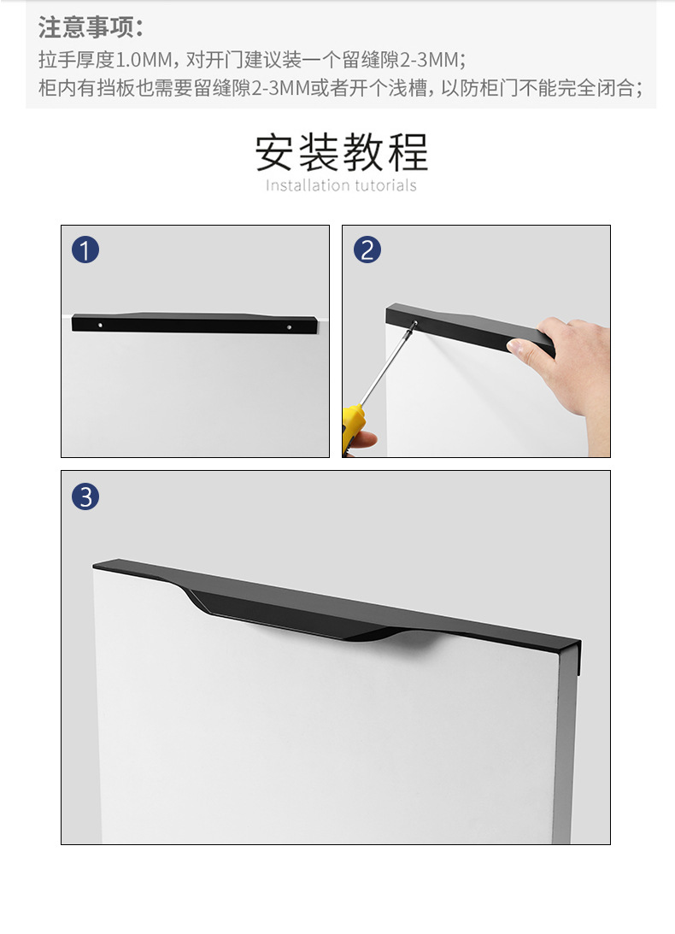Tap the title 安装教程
[x=341, y=152]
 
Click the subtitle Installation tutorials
[x=341, y=185]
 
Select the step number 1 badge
[x=85, y=250]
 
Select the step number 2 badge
[x=367, y=250]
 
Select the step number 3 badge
[x=85, y=496]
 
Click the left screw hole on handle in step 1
[x=101, y=326]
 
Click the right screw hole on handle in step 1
[x=289, y=326]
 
